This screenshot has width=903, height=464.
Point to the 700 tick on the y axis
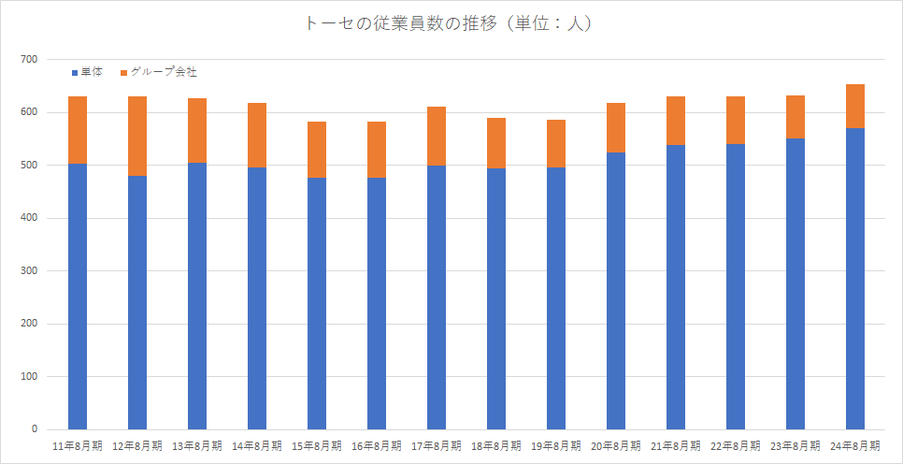29,60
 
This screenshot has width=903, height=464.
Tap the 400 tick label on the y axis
29,219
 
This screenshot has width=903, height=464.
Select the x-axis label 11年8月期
78,446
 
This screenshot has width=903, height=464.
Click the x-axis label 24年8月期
855,446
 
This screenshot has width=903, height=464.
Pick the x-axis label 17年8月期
437,446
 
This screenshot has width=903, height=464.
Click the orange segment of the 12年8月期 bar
137,136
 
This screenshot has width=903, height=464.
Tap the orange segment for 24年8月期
855,106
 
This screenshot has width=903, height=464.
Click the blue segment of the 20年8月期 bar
616,291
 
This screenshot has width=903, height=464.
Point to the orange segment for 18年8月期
496,143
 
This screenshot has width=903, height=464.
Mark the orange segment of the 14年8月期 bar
257,135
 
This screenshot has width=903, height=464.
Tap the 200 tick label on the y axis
29,325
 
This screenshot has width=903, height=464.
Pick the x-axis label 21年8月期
676,446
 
